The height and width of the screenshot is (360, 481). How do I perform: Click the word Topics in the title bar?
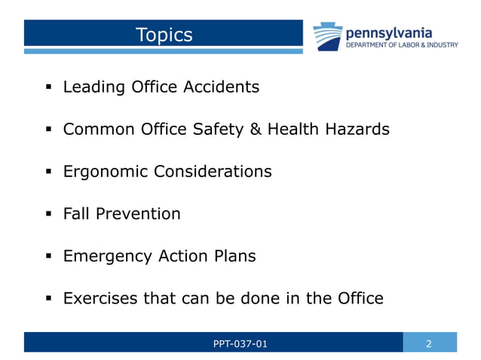[164, 35]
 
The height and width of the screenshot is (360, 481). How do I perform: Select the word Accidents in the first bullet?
[222, 87]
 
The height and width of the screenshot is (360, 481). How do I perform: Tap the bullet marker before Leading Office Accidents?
[47, 87]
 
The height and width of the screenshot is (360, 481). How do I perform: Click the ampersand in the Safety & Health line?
[254, 130]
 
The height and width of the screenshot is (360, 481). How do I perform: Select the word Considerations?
[213, 172]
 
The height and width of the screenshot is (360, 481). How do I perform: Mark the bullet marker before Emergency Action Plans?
[47, 257]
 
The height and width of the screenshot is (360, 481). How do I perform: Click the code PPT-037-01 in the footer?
[240, 344]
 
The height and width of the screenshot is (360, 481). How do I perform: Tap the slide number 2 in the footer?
[429, 344]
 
